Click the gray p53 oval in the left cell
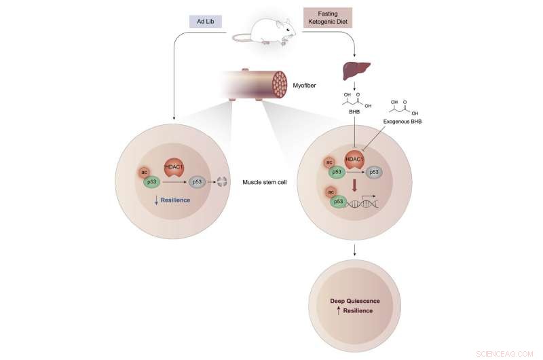tap(197, 182)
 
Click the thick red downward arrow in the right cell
tap(354, 187)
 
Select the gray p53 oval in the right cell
tap(375, 174)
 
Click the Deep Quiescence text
tap(354, 300)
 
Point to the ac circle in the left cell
tap(145, 172)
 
